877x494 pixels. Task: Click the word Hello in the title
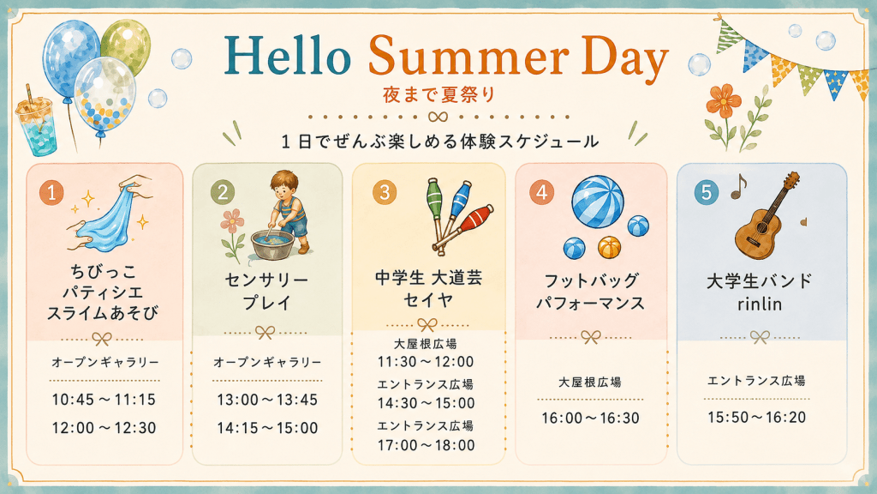click(x=288, y=55)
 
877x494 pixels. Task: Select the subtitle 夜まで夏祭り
click(x=439, y=94)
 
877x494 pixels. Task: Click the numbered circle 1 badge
click(x=51, y=193)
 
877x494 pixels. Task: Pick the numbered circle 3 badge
click(x=385, y=192)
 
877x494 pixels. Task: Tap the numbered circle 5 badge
click(x=706, y=192)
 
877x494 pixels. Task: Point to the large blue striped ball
click(x=597, y=202)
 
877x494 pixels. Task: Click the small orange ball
click(x=609, y=247)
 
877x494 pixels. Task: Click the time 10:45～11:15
click(x=104, y=400)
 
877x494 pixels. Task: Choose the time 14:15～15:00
click(x=267, y=429)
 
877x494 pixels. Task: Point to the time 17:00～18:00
click(x=427, y=445)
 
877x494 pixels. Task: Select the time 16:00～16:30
click(x=591, y=419)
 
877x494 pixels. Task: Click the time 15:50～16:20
click(x=757, y=418)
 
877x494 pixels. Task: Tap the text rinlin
click(x=760, y=304)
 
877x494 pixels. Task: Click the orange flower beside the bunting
click(x=723, y=101)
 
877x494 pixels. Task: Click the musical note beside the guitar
click(x=739, y=186)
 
